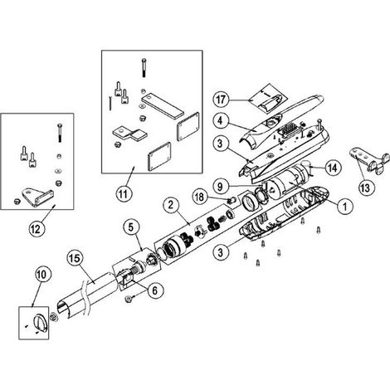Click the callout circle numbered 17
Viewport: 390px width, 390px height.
tap(221, 100)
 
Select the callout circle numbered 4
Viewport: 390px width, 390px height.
tap(220, 122)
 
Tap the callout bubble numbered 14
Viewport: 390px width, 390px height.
tap(333, 168)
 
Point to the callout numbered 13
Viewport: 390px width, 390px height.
tap(365, 188)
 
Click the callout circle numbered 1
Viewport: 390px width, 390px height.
tap(345, 206)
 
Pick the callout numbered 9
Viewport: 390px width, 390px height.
tap(220, 186)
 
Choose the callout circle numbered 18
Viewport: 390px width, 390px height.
tap(199, 197)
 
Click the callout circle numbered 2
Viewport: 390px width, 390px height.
tap(172, 205)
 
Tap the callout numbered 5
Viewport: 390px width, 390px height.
tap(131, 227)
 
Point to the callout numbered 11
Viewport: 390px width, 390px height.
tap(124, 194)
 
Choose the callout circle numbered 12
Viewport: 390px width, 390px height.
tap(37, 230)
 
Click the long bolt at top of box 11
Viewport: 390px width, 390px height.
tap(144, 68)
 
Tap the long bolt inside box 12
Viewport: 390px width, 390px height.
tap(60, 133)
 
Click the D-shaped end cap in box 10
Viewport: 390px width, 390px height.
tap(41, 323)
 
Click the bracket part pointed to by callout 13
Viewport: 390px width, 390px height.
tap(368, 161)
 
